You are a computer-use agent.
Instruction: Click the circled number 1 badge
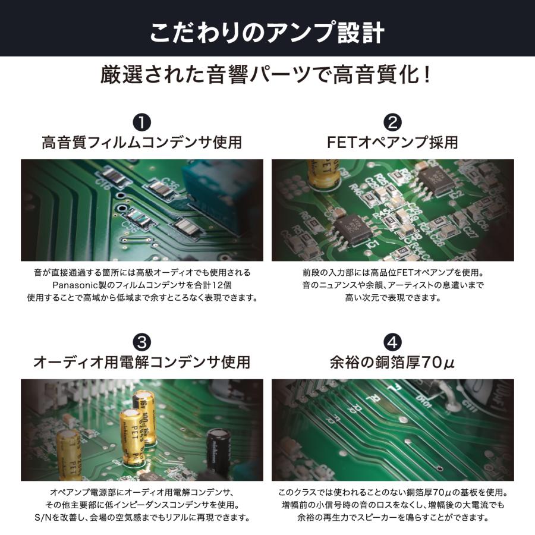coord(141,122)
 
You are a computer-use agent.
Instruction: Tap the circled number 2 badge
coord(393,122)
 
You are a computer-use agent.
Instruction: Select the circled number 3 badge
coord(141,342)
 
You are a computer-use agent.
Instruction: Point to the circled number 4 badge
coord(393,342)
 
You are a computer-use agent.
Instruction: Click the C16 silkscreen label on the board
coord(103,184)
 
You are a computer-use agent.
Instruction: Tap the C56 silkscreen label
coord(130,227)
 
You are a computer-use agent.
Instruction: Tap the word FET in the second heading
coord(341,142)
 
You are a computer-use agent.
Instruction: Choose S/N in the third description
coord(43,518)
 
